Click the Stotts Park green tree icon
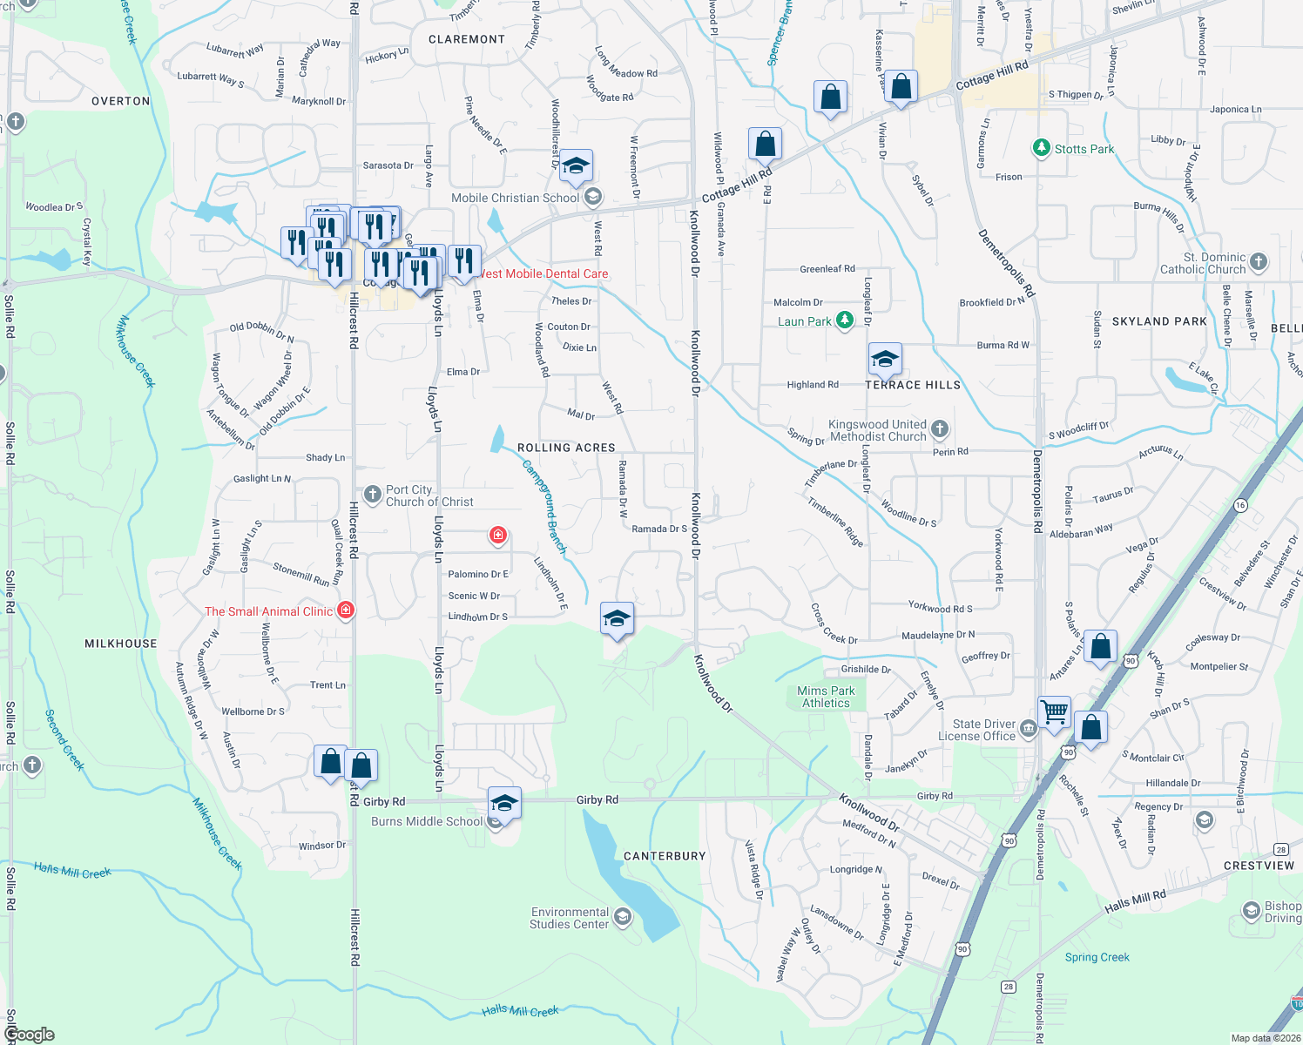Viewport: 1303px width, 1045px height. pos(1041,148)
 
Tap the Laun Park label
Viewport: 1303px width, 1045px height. pos(804,321)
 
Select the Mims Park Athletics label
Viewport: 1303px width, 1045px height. pos(826,697)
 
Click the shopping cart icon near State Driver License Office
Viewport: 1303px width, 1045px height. pos(1055,711)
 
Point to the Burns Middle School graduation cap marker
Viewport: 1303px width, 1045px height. pos(504,803)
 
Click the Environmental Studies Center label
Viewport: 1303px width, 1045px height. pos(570,918)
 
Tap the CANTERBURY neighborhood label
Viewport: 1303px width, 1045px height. pos(665,856)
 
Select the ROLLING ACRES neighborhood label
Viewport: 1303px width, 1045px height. pos(566,448)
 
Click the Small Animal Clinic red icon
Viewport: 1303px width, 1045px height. pos(346,610)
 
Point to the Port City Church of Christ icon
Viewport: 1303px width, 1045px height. pos(373,496)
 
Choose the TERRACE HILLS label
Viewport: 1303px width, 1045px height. pos(913,385)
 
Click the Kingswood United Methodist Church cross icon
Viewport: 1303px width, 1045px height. pos(939,428)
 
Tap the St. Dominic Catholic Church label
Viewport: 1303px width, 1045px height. pos(1203,263)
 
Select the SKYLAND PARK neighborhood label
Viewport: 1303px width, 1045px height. pos(1159,321)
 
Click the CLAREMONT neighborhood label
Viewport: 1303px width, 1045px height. pos(467,39)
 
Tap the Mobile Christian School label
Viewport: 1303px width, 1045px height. pos(515,198)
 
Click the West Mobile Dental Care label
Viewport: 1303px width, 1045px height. pos(543,273)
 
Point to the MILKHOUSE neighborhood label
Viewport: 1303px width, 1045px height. pos(121,644)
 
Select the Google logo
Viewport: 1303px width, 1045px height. pos(30,1035)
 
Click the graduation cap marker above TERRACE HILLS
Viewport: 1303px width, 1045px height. pos(885,359)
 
